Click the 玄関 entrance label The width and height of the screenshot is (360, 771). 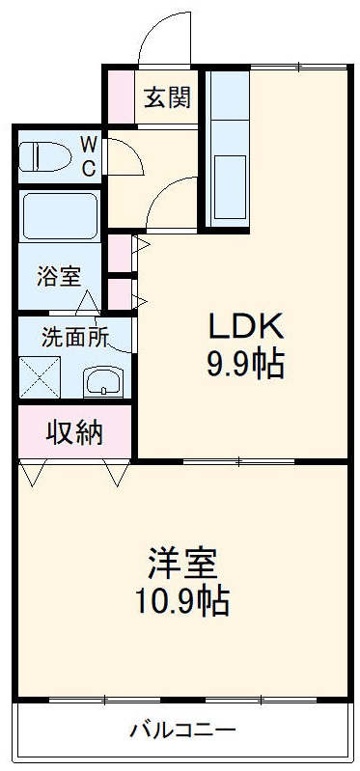[x=167, y=97]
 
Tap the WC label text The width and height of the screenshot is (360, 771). [x=88, y=156]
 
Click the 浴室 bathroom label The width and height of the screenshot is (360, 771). [x=59, y=277]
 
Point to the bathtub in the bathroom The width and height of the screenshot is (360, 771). [x=59, y=217]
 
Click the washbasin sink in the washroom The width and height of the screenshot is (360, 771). [x=101, y=383]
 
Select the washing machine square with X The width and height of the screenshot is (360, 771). [x=40, y=377]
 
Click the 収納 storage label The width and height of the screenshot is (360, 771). [x=74, y=432]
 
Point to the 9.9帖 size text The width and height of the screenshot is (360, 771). [x=242, y=365]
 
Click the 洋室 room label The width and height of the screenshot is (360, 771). [x=180, y=563]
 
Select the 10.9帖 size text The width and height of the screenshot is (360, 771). [x=180, y=601]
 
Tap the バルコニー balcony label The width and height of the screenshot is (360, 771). [x=182, y=730]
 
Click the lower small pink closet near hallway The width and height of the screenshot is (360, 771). [x=119, y=292]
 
